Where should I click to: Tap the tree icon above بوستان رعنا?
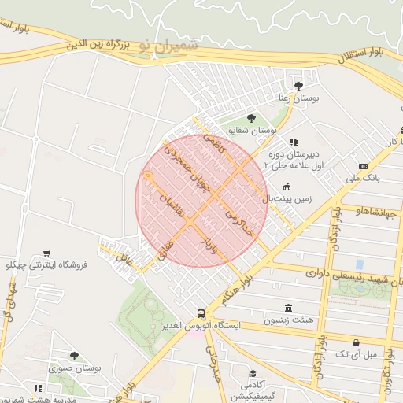(x=298, y=85)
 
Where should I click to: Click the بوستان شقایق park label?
(x=252, y=130)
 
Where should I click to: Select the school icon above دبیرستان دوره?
(x=294, y=142)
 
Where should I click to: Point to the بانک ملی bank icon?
(x=363, y=166)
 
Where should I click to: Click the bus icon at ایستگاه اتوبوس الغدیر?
(x=201, y=312)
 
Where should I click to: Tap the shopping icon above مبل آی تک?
(x=359, y=343)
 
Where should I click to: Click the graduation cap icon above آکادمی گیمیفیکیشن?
(x=253, y=373)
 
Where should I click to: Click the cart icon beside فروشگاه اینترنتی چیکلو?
(x=48, y=253)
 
